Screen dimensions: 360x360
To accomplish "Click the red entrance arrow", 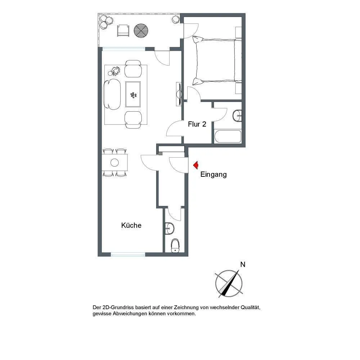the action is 196,165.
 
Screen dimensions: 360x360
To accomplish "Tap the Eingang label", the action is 213,175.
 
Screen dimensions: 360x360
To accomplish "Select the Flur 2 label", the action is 197,124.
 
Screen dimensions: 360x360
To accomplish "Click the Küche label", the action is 131,225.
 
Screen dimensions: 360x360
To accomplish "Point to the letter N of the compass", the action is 243,265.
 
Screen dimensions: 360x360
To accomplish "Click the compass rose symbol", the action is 229,283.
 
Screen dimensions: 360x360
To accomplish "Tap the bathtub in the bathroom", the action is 228,136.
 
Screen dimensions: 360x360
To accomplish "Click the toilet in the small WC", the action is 175,246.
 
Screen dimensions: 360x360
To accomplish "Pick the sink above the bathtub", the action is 237,116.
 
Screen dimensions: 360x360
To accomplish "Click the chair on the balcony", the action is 123,31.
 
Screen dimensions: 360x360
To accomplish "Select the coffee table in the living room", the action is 133,94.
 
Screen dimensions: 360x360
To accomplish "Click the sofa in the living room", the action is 112,94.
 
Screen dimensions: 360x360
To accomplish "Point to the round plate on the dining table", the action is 114,163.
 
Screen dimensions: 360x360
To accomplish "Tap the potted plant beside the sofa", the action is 114,71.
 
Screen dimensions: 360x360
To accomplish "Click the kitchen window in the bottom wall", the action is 128,255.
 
